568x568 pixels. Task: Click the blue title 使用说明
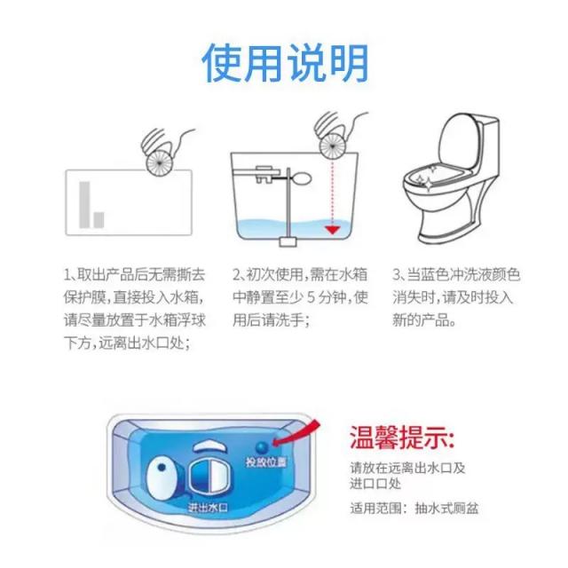285,64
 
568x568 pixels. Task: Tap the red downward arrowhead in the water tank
332,230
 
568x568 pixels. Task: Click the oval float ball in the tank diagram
301,178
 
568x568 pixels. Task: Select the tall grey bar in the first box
84,205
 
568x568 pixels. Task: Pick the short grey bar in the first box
99,220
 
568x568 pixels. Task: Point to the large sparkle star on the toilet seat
429,185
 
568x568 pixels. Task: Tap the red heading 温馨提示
401,438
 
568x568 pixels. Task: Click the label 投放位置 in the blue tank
266,461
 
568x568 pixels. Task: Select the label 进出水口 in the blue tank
208,507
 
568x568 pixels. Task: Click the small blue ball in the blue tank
262,447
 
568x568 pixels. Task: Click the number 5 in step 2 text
311,298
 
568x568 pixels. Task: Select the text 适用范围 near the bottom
375,509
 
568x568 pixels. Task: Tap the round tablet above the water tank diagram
332,146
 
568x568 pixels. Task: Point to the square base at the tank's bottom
288,241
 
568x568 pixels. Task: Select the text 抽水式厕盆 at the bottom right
446,509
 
